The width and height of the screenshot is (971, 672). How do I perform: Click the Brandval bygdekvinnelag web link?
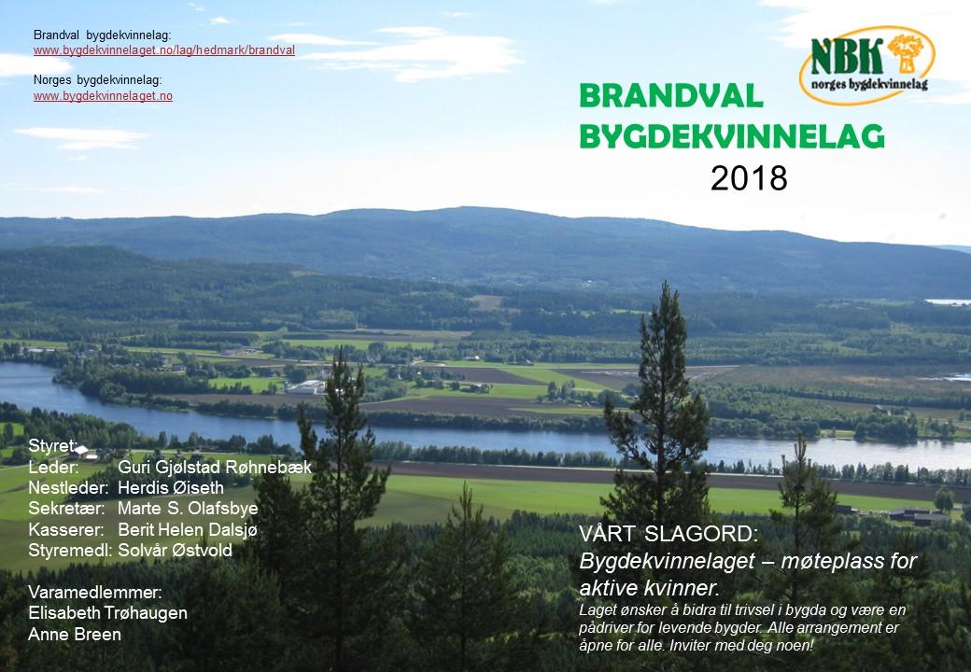click(164, 50)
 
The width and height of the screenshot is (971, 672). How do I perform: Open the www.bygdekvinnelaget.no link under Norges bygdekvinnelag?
click(103, 96)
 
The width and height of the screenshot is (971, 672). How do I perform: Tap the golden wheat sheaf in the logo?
click(905, 54)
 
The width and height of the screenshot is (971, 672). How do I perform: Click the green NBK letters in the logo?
click(847, 56)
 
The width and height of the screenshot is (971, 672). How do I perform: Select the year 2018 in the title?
click(749, 178)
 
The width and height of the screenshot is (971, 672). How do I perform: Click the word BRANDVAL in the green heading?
click(671, 96)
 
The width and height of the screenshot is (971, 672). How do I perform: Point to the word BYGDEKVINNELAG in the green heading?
click(732, 136)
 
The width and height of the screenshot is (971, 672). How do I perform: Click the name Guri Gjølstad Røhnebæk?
click(214, 467)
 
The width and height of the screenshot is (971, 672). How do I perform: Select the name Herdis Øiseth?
click(171, 487)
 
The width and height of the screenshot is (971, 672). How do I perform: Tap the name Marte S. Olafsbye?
click(188, 509)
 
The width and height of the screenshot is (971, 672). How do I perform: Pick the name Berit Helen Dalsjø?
click(187, 530)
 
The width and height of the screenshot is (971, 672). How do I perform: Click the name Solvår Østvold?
click(176, 550)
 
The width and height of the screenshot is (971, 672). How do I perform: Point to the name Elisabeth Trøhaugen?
click(107, 612)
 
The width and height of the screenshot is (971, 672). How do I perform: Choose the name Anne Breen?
click(75, 635)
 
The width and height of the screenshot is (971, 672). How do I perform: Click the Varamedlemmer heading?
click(95, 592)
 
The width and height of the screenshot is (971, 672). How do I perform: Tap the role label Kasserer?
click(66, 530)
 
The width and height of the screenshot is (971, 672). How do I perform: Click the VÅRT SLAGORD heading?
click(668, 533)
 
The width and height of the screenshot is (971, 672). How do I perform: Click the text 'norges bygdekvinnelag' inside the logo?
click(869, 84)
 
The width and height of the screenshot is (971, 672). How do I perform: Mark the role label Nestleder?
click(69, 487)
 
